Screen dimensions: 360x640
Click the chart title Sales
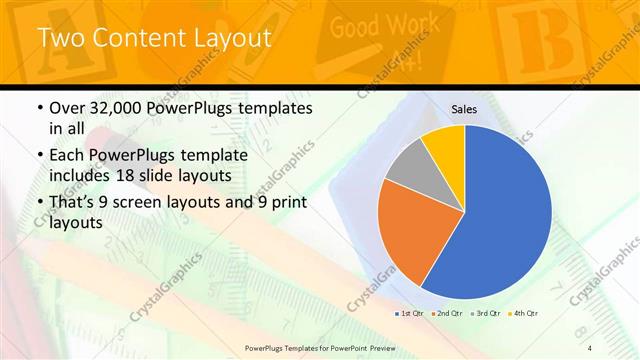coord(464,109)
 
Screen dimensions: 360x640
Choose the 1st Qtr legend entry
coord(410,314)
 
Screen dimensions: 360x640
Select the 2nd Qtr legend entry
coord(448,314)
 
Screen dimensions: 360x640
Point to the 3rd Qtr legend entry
coord(486,314)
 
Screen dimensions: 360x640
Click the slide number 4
coord(590,346)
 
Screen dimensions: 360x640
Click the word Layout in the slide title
coord(231,39)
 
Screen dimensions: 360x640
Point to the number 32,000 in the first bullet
coord(113,108)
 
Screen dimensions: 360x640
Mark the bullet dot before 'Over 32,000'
coord(39,108)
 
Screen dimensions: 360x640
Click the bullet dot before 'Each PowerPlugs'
coord(39,157)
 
